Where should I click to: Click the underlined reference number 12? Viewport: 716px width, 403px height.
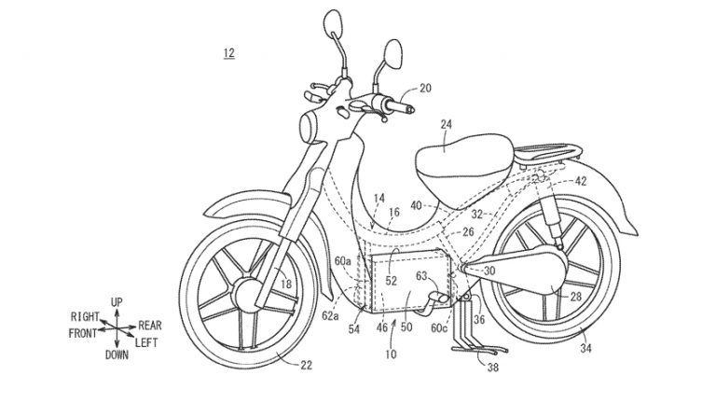(x=228, y=53)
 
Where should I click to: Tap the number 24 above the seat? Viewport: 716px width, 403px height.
(x=447, y=124)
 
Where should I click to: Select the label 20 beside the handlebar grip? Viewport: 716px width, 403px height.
(x=425, y=88)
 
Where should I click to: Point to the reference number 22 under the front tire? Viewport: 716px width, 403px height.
(x=307, y=365)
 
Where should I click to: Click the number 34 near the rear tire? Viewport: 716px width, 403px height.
(x=585, y=348)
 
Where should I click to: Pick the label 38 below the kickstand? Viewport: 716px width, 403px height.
(x=492, y=367)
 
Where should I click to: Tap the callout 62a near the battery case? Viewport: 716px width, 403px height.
(x=330, y=315)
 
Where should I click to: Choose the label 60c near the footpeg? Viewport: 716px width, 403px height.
(x=439, y=327)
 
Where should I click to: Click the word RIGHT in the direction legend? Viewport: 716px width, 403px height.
(x=85, y=316)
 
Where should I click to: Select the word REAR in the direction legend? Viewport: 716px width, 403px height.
(x=150, y=326)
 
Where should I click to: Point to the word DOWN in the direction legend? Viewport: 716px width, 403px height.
(x=117, y=355)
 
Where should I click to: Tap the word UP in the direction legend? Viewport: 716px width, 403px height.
(x=117, y=302)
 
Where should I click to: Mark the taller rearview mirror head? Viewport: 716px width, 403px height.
(x=333, y=22)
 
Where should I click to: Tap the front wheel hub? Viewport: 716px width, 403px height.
(x=247, y=296)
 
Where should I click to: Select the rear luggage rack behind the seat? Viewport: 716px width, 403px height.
(x=548, y=153)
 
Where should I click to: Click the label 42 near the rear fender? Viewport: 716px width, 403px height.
(x=581, y=181)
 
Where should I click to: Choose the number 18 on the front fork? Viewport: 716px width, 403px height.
(x=286, y=285)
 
